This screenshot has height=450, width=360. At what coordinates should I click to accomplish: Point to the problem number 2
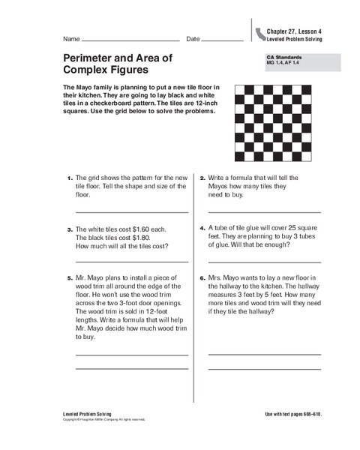coord(202,178)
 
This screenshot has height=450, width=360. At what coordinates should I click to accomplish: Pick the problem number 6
coord(202,278)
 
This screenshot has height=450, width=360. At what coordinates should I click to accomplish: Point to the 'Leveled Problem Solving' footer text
coord(85,415)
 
